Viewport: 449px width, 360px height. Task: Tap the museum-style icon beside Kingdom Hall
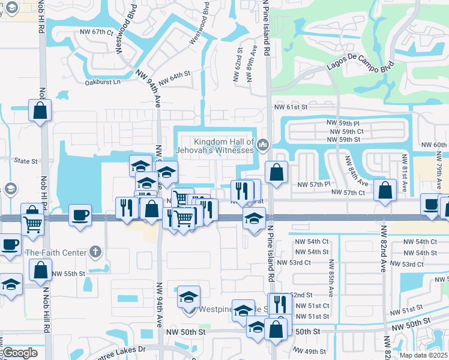coord(262,145)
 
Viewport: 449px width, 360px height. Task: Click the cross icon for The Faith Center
coord(94,252)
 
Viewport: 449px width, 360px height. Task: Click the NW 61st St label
coord(291,107)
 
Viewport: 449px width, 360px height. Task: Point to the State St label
coord(26,161)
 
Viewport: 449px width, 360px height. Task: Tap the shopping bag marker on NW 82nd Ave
coord(385,190)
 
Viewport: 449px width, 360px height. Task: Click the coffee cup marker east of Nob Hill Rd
coord(80,215)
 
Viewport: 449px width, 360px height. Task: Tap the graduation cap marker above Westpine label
coord(188,296)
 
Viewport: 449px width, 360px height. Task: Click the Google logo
coord(20,353)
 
